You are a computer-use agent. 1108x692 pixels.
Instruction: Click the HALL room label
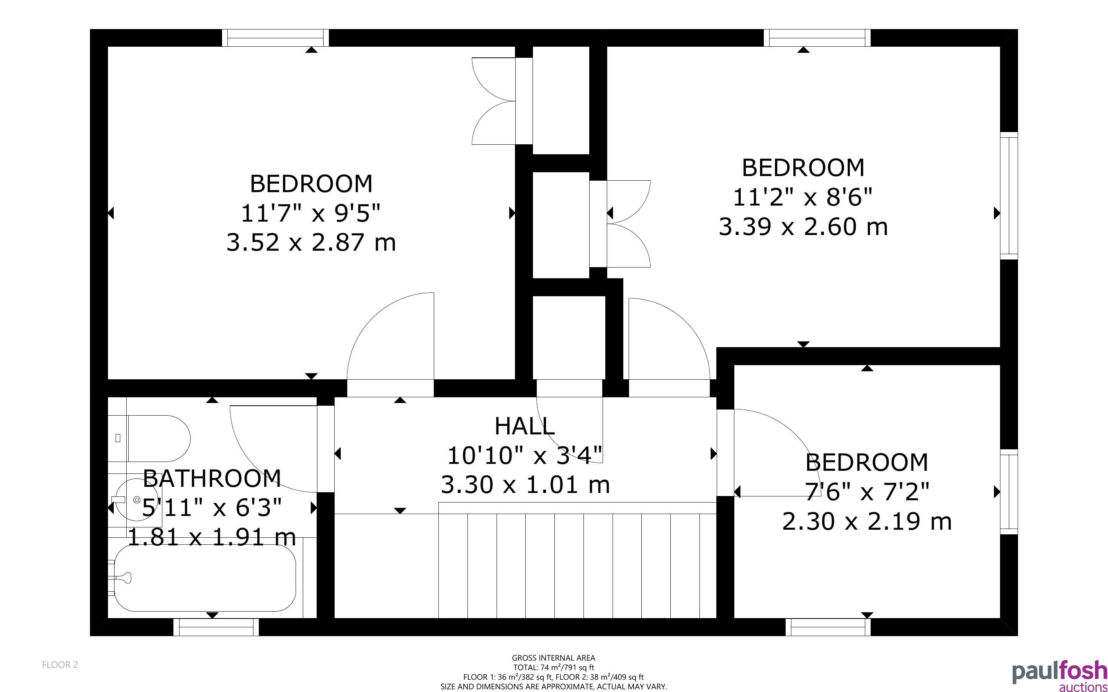click(525, 426)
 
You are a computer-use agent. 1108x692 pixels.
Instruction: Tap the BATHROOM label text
click(212, 479)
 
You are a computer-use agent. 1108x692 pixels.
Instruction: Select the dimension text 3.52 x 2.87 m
click(311, 242)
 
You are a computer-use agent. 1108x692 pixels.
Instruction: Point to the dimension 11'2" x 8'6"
click(803, 197)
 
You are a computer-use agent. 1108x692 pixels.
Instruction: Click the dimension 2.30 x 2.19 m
click(867, 521)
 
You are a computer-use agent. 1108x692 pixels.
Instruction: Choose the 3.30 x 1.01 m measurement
click(525, 485)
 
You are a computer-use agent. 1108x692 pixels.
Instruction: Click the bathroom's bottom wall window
click(216, 627)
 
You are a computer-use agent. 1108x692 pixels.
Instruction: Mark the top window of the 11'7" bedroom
click(276, 38)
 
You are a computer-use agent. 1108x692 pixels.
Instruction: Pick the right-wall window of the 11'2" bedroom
click(1009, 196)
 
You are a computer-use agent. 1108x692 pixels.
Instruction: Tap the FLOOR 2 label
click(60, 664)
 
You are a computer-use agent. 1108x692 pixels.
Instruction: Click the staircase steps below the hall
click(577, 560)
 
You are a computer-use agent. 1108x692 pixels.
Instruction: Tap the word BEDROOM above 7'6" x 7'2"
click(867, 462)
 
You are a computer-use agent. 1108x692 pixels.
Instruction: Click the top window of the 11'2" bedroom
click(817, 38)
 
